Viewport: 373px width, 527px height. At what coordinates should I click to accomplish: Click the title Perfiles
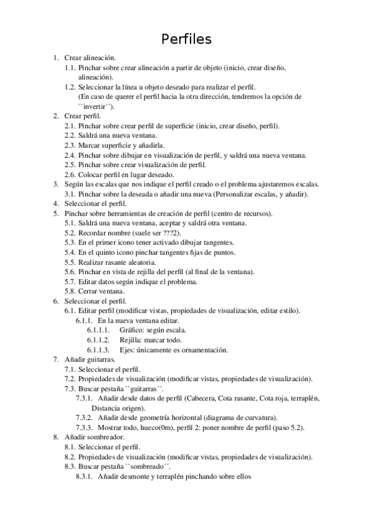coord(186,39)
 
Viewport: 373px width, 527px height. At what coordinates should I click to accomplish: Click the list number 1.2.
coord(70,88)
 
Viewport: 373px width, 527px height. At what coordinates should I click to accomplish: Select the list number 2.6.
coord(70,175)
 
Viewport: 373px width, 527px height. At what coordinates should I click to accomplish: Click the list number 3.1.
coord(70,194)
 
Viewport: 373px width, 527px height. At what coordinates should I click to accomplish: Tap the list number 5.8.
coord(70,291)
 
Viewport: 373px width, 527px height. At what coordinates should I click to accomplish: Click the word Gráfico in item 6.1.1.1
coord(133,330)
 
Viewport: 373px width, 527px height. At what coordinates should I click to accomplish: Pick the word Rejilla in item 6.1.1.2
coord(131,339)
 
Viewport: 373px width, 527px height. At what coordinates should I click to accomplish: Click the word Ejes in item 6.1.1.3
coord(128,349)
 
